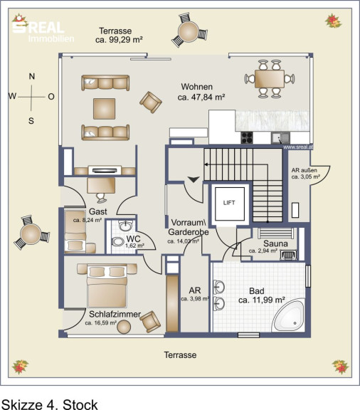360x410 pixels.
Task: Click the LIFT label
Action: coord(229,203)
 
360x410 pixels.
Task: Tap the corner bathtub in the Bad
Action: coord(289,316)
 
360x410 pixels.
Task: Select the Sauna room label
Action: coord(275,243)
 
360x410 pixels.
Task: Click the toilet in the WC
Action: coord(118,241)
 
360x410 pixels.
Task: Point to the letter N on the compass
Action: coord(31,76)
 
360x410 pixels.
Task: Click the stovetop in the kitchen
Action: coord(247,137)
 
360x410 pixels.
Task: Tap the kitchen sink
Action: coord(280,138)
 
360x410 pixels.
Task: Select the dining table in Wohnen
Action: coord(270,79)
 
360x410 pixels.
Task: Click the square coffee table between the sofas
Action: coord(105,108)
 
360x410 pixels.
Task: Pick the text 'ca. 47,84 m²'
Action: coord(201,98)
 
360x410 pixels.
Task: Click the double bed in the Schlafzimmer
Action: coord(107,285)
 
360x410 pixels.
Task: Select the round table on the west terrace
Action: coord(31,234)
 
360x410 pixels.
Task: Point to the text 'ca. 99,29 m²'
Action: coord(119,40)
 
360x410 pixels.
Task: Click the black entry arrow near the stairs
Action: coord(194,179)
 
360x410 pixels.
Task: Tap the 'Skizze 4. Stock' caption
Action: coord(49,404)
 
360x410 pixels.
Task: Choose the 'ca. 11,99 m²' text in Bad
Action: coord(261,300)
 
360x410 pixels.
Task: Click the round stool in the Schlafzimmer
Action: coord(124,327)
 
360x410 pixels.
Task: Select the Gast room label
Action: coord(98,211)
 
